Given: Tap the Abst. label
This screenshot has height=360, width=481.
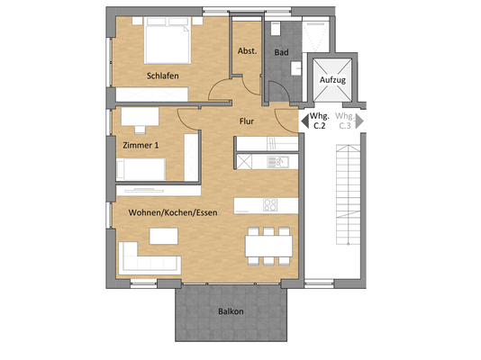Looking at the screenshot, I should (x=247, y=51).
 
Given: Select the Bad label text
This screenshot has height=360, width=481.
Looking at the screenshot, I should (x=281, y=52).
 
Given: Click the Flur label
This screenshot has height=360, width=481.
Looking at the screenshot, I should (x=250, y=120).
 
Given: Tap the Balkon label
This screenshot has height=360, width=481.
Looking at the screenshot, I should (x=231, y=311).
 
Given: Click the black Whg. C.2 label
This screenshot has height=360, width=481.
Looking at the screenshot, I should (x=319, y=121).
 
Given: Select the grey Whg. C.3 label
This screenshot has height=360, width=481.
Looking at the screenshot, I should (x=344, y=121).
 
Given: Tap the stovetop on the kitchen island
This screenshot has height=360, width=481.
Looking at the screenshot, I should (x=270, y=205).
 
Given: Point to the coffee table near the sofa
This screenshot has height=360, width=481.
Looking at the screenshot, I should (x=162, y=236).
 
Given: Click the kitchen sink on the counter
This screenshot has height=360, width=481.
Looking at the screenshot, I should (x=277, y=162).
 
